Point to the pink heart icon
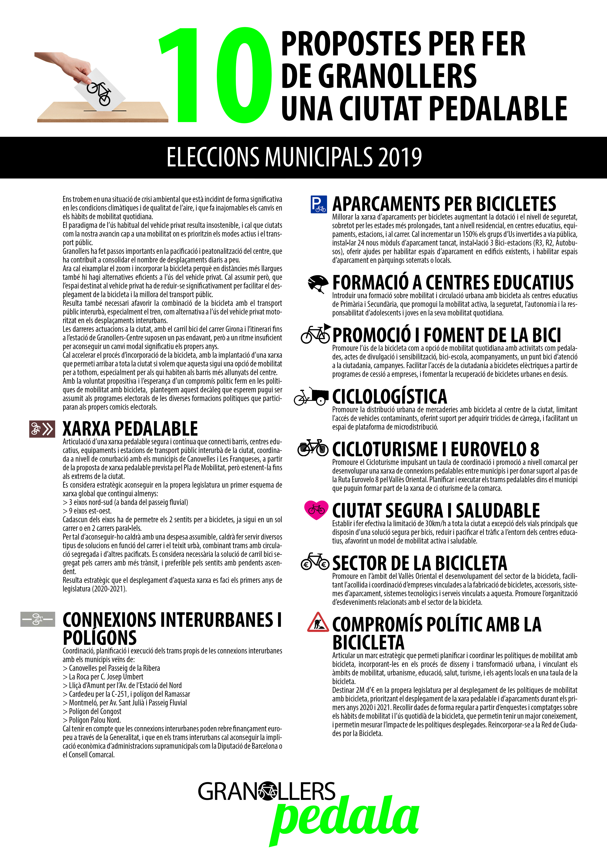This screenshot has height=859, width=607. [316, 510]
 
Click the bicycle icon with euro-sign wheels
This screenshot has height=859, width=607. [315, 562]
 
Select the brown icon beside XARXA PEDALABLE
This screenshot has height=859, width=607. [42, 429]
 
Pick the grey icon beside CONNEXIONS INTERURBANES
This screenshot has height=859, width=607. [38, 619]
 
